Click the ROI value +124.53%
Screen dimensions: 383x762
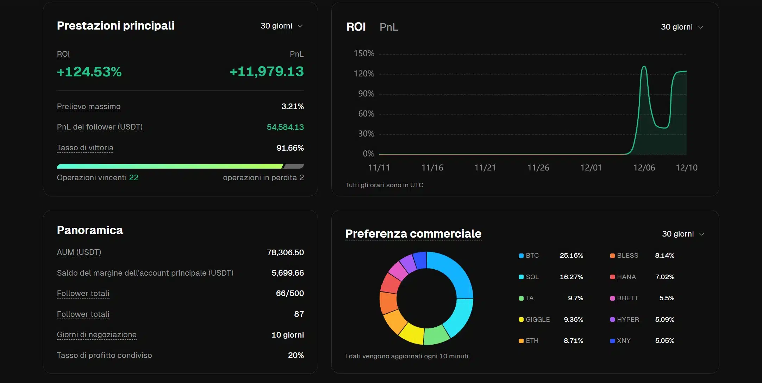pyautogui.click(x=89, y=72)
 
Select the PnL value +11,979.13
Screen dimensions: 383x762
pyautogui.click(x=267, y=71)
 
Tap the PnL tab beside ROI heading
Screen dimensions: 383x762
pyautogui.click(x=388, y=27)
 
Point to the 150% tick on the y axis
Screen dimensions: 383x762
pyautogui.click(x=364, y=54)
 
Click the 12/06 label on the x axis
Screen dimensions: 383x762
pyautogui.click(x=644, y=168)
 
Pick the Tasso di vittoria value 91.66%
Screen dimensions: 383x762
pyautogui.click(x=290, y=148)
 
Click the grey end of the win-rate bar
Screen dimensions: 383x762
pyautogui.click(x=294, y=166)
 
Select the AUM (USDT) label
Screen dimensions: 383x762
pyautogui.click(x=79, y=252)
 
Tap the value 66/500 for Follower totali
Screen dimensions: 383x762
pyautogui.click(x=289, y=293)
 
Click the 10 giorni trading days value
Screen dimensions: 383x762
pyautogui.click(x=287, y=335)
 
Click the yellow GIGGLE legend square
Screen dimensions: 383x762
pyautogui.click(x=521, y=320)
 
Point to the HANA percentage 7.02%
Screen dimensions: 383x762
pyautogui.click(x=664, y=277)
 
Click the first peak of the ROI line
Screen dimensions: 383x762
pyautogui.click(x=644, y=67)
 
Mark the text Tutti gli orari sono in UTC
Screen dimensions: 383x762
pyautogui.click(x=384, y=185)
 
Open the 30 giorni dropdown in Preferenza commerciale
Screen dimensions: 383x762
pyautogui.click(x=682, y=234)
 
